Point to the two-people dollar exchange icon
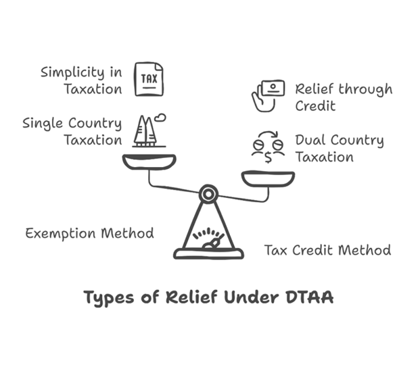coord(267,147)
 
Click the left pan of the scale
coord(149,162)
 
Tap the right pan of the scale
coord(268,178)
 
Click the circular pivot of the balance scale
coord(208,193)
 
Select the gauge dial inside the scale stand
coord(208,238)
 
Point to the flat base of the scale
coord(208,254)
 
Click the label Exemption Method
coord(90,233)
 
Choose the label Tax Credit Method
coord(328,250)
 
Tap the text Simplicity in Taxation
coord(81,81)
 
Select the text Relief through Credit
coord(343,97)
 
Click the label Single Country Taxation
coord(72,132)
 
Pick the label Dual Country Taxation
coord(339,149)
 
